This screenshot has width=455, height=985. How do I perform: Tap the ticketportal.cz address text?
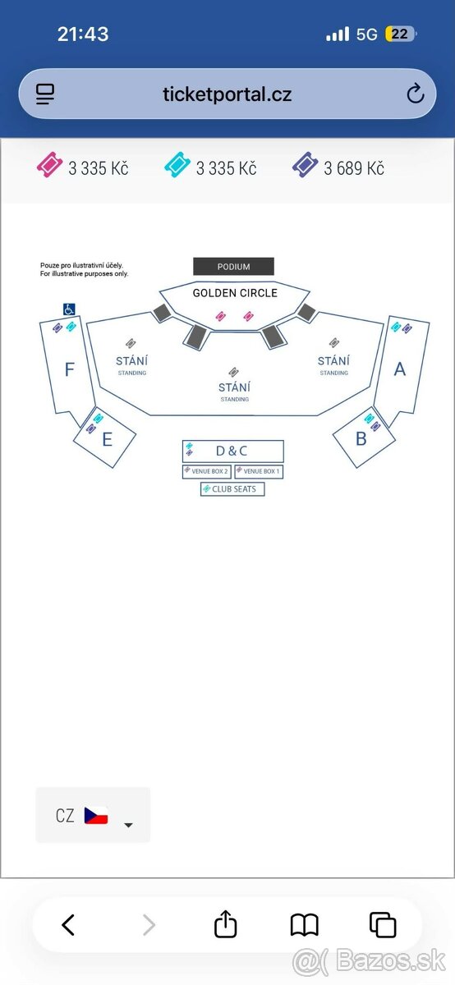click(x=227, y=94)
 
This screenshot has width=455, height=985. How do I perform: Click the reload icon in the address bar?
click(x=415, y=94)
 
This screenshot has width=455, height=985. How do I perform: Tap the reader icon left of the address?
click(x=45, y=94)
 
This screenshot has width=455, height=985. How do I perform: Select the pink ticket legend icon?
click(x=49, y=164)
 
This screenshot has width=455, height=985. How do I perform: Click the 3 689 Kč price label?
click(x=354, y=168)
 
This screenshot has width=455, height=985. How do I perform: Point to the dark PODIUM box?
click(x=234, y=267)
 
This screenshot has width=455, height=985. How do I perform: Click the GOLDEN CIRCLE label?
click(x=235, y=293)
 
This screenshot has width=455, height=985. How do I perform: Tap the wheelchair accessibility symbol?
click(x=69, y=309)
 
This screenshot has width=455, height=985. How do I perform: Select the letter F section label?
click(x=69, y=369)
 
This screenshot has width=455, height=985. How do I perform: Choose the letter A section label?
click(x=399, y=369)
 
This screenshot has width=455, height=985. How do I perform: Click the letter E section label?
click(x=107, y=439)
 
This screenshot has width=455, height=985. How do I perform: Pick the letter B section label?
click(x=361, y=438)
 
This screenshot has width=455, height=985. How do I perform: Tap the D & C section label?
click(x=232, y=451)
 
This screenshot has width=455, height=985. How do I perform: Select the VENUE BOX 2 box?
click(x=207, y=471)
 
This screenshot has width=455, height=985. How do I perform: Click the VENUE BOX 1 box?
click(x=259, y=471)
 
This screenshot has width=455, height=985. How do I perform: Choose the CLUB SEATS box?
click(x=232, y=489)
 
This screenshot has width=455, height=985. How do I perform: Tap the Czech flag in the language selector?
click(x=96, y=815)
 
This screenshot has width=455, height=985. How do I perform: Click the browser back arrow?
click(x=68, y=924)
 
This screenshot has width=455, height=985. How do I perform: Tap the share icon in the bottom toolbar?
click(x=225, y=924)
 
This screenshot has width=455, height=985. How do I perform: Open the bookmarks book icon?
click(x=305, y=924)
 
